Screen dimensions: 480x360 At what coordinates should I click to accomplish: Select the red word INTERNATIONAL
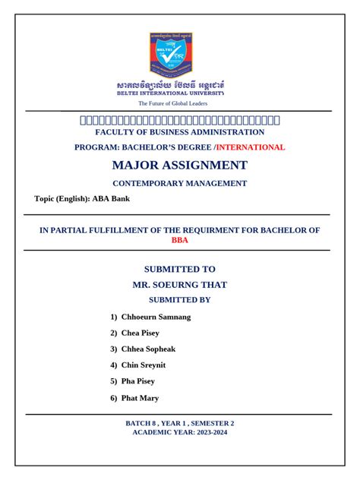coord(251,147)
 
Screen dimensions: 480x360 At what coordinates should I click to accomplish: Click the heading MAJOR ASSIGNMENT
coord(180,165)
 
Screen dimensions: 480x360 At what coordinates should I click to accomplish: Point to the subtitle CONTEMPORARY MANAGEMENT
coord(180,183)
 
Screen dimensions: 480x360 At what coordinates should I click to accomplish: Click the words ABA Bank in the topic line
coord(112,199)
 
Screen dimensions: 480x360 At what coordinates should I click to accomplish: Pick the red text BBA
coord(179,240)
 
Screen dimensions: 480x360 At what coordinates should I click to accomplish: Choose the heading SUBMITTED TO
coord(180,269)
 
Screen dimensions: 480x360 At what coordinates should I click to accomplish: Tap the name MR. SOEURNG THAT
coord(180,285)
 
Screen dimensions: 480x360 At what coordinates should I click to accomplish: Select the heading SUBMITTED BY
coord(180,300)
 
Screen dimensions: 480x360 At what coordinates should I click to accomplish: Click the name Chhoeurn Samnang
coord(156,317)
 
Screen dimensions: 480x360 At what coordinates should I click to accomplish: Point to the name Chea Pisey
coord(140,333)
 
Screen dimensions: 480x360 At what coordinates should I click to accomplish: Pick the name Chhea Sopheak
coord(148,349)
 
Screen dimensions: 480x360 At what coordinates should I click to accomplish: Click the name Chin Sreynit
coord(144,365)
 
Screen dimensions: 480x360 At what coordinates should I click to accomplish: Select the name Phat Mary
coord(140,397)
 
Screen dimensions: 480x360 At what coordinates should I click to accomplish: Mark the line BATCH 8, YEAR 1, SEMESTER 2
coord(180,423)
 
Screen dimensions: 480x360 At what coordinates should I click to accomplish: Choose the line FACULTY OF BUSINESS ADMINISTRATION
coord(180,132)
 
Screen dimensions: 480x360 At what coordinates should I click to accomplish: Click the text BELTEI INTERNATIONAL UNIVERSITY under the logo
coord(170,93)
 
